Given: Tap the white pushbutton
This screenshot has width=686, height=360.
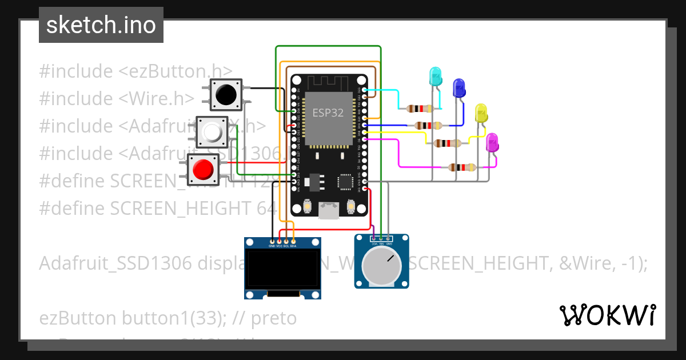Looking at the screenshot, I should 212,133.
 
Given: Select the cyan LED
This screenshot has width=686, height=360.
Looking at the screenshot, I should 435,77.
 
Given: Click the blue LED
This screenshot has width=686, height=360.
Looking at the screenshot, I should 458,88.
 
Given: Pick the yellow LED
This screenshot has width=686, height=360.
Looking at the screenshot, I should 481,113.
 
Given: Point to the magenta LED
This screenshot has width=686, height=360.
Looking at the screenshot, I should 492,142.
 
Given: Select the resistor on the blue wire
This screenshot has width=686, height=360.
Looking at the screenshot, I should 427,126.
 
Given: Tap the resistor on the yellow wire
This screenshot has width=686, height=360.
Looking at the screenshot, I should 448,143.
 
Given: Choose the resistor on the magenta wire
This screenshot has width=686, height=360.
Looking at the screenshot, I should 461,167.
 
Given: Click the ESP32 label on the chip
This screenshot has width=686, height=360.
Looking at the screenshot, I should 328,113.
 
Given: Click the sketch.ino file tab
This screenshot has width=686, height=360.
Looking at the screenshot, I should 101,25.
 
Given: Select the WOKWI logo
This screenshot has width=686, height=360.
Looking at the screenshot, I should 607,315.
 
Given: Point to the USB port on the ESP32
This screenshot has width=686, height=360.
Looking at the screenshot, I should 329,211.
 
